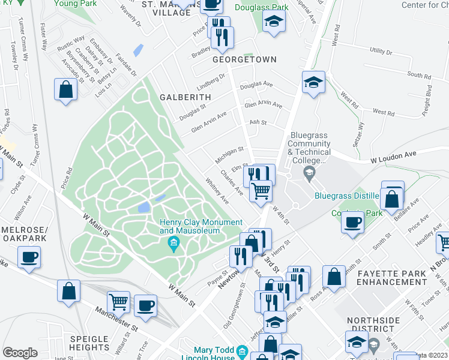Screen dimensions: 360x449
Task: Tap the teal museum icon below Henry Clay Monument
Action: tap(173, 243)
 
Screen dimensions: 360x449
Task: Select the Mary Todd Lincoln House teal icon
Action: tap(242, 350)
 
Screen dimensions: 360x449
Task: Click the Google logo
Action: tap(20, 353)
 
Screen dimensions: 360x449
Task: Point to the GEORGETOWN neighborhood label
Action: tap(245, 59)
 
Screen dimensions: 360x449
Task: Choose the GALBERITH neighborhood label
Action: tap(185, 97)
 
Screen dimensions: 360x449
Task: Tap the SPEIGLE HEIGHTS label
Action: tap(97, 343)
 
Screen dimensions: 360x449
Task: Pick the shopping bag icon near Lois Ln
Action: tap(65, 89)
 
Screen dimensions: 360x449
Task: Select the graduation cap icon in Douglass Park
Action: tap(274, 22)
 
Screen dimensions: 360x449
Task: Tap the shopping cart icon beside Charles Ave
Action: tap(261, 190)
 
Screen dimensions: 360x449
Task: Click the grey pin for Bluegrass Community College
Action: tap(309, 175)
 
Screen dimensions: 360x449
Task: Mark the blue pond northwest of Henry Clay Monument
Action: tap(144, 207)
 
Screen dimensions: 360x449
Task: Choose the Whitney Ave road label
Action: tap(216, 190)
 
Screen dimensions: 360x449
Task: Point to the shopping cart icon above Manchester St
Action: tap(118, 301)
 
